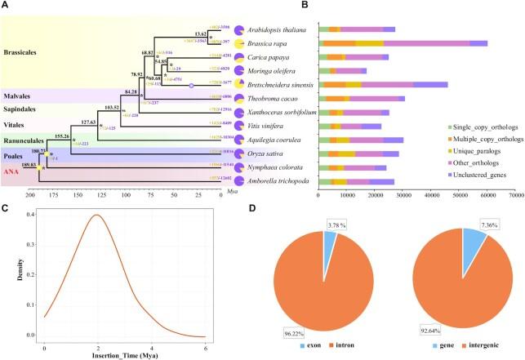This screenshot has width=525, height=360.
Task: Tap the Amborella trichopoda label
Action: [283, 179]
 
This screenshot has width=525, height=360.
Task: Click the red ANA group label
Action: [13, 171]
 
